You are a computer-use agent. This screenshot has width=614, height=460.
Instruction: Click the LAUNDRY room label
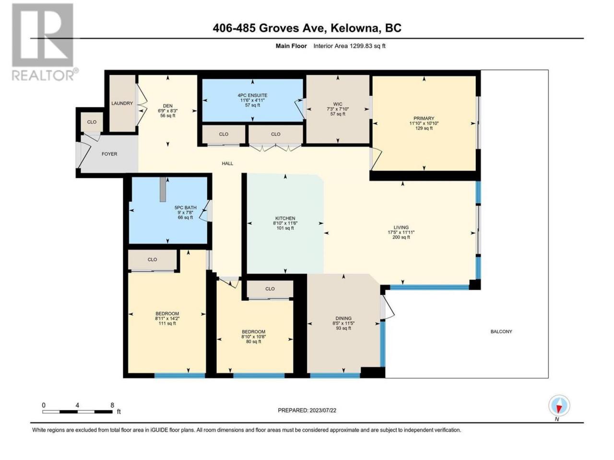tap(122, 103)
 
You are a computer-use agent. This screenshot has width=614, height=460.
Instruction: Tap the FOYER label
tap(109, 154)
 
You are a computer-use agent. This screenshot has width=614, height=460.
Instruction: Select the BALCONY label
tap(501, 332)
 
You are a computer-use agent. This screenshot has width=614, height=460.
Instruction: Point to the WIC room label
tap(338, 104)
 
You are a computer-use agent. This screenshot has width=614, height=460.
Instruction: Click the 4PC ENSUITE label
tap(253, 95)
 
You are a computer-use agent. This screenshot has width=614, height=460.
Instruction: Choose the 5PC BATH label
tap(186, 207)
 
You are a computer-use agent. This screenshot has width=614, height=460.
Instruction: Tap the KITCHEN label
tap(285, 218)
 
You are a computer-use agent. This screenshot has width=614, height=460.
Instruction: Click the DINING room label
tap(343, 318)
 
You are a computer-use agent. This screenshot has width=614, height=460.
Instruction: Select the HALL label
tap(227, 163)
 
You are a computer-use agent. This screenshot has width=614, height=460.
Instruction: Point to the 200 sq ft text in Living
tap(401, 237)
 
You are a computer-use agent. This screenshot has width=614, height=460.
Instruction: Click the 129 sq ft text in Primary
tap(424, 128)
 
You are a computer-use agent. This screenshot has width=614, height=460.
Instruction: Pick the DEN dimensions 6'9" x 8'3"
tap(167, 111)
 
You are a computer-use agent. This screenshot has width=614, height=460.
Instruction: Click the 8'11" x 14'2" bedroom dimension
tap(167, 318)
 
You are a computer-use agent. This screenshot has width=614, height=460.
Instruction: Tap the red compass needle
tap(559, 409)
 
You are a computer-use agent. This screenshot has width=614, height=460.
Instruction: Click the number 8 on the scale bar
tap(112, 405)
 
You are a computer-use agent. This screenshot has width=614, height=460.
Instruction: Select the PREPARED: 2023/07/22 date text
tap(307, 410)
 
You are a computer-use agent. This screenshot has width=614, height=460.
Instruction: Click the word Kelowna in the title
tap(353, 28)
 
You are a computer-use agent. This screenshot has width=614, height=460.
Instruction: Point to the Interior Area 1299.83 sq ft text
tap(349, 46)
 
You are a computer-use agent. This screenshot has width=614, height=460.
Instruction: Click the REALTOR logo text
tap(42, 75)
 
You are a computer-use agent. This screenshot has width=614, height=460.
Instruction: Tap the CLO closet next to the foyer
tap(92, 122)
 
